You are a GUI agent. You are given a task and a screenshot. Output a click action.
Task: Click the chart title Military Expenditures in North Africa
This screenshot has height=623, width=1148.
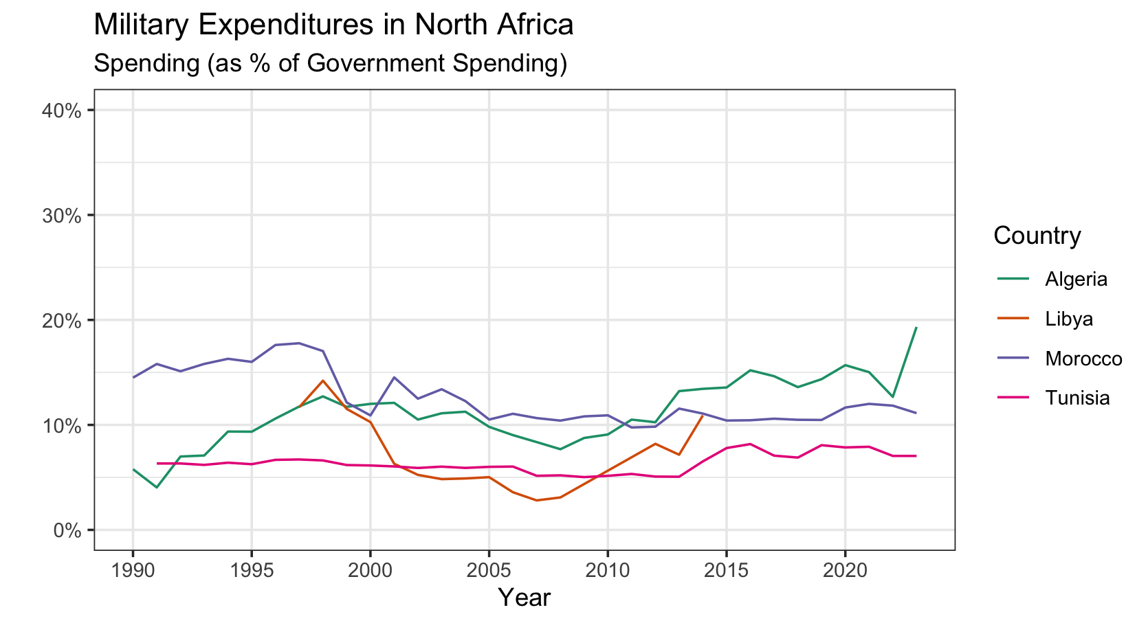tap(333, 25)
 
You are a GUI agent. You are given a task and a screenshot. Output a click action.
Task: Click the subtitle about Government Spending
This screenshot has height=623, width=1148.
tap(330, 63)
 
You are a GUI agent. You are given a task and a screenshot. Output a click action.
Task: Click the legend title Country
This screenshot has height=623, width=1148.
tap(1037, 236)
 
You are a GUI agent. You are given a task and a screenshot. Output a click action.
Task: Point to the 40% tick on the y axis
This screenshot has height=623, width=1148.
tap(64, 111)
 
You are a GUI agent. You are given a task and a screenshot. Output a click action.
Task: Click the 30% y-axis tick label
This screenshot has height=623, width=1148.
tap(64, 216)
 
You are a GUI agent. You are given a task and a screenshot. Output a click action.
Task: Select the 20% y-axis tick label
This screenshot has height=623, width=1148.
tap(64, 321)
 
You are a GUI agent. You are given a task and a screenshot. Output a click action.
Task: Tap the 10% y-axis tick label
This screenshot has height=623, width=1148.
tap(64, 426)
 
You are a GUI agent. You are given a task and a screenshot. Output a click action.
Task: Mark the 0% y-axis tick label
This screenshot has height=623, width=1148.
tap(69, 531)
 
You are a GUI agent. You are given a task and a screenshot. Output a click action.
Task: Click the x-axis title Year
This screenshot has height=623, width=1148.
tap(524, 598)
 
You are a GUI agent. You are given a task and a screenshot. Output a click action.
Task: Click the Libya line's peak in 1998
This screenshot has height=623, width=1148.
tap(322, 381)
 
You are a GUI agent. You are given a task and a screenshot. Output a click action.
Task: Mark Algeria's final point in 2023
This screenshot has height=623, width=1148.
tap(916, 328)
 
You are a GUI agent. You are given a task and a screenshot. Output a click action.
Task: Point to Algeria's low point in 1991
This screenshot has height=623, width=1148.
tap(157, 488)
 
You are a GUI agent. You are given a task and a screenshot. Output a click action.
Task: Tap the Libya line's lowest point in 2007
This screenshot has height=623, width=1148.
tap(536, 500)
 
